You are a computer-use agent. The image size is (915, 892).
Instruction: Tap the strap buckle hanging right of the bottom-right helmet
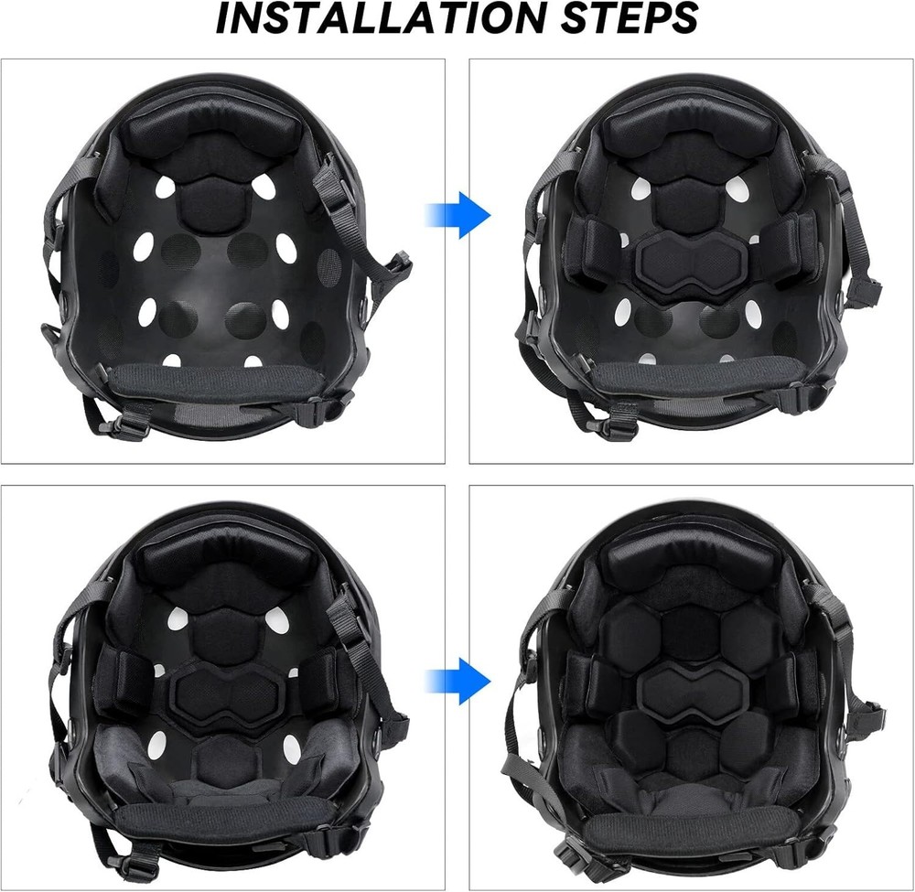pyautogui.click(x=867, y=717)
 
